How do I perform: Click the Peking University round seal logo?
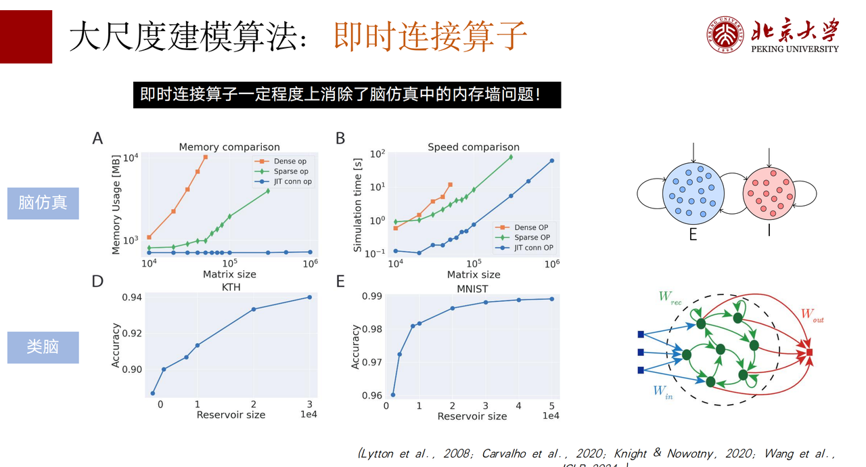pos(726,34)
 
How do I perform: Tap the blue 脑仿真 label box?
pos(43,203)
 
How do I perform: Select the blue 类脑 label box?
pos(43,347)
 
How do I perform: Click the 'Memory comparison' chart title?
pos(229,147)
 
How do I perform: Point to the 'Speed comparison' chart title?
pos(474,147)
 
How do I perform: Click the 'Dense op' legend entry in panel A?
pos(290,161)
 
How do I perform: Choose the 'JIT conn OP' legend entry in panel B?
pos(533,248)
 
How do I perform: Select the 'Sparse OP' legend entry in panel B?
pos(532,238)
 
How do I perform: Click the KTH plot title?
pos(230,287)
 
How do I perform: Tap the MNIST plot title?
pos(472,289)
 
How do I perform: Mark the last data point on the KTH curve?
pos(310,297)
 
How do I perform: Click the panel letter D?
pos(98,280)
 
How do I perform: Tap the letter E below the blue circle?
pos(692,234)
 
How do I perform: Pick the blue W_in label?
pos(662,391)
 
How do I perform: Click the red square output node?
pos(809,353)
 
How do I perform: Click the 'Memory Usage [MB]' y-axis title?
pos(116,203)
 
